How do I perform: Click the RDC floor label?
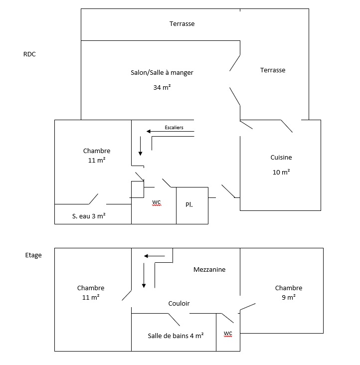(x=29, y=54)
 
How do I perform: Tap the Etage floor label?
(x=33, y=255)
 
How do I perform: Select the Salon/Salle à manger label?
(x=162, y=73)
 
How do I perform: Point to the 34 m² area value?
(x=162, y=88)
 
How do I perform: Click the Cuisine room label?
(x=281, y=158)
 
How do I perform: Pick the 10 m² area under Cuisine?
(x=281, y=172)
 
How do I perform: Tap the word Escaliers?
(x=174, y=128)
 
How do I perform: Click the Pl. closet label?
(x=189, y=204)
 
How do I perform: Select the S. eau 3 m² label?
(x=89, y=216)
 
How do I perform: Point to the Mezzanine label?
(x=209, y=270)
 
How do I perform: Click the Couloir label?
(x=179, y=303)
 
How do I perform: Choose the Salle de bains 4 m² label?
(x=176, y=336)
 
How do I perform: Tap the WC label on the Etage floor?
(x=228, y=334)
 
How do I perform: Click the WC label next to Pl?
(x=157, y=202)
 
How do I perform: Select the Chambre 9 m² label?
(x=289, y=293)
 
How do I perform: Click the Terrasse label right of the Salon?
(x=273, y=70)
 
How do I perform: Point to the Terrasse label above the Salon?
(x=182, y=24)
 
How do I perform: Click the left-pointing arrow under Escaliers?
(x=171, y=132)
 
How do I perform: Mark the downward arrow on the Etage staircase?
(x=144, y=275)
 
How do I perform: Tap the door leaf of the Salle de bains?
(x=174, y=320)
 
